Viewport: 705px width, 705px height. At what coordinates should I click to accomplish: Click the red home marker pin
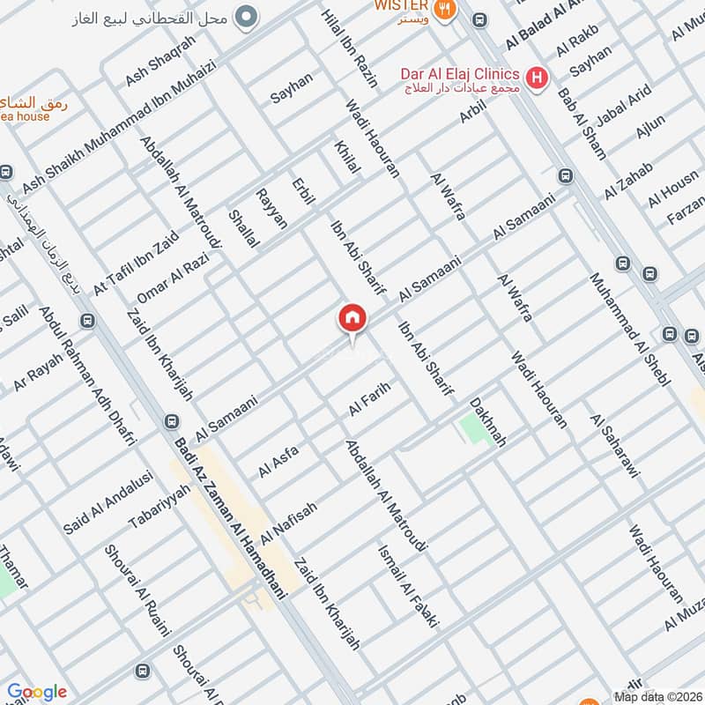[352, 319]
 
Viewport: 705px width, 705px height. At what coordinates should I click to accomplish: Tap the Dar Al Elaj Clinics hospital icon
[534, 78]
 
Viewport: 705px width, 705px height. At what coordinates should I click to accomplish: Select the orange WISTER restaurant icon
[448, 9]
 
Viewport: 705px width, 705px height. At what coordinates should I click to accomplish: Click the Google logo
[37, 692]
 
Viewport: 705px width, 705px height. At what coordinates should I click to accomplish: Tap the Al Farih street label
[369, 399]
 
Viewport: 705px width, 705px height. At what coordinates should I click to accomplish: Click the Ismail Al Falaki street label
[407, 584]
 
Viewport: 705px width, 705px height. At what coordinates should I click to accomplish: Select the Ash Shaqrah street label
[160, 61]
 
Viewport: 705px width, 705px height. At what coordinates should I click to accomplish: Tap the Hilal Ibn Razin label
[350, 48]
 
